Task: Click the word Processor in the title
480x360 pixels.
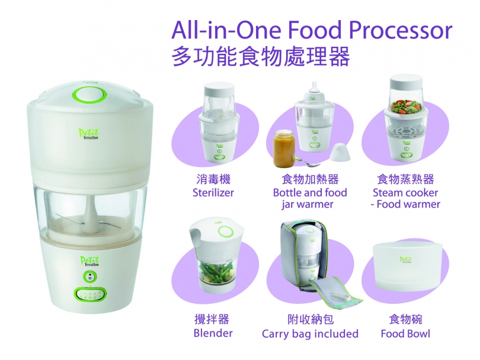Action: pos(400,31)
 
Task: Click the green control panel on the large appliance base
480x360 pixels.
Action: pos(91,294)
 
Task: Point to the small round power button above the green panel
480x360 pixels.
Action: pos(89,277)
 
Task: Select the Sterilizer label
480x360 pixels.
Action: pos(213,192)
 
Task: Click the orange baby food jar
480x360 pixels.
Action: pos(284,149)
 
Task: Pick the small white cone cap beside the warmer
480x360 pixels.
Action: pos(340,152)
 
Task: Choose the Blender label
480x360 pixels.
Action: pos(213,333)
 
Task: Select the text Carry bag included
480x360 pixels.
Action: pos(310,333)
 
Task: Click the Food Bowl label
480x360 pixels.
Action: pos(405,333)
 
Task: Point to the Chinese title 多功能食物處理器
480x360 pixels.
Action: pos(261,57)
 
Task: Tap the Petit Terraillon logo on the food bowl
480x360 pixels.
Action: pos(405,260)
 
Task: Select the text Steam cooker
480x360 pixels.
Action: pos(405,192)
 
